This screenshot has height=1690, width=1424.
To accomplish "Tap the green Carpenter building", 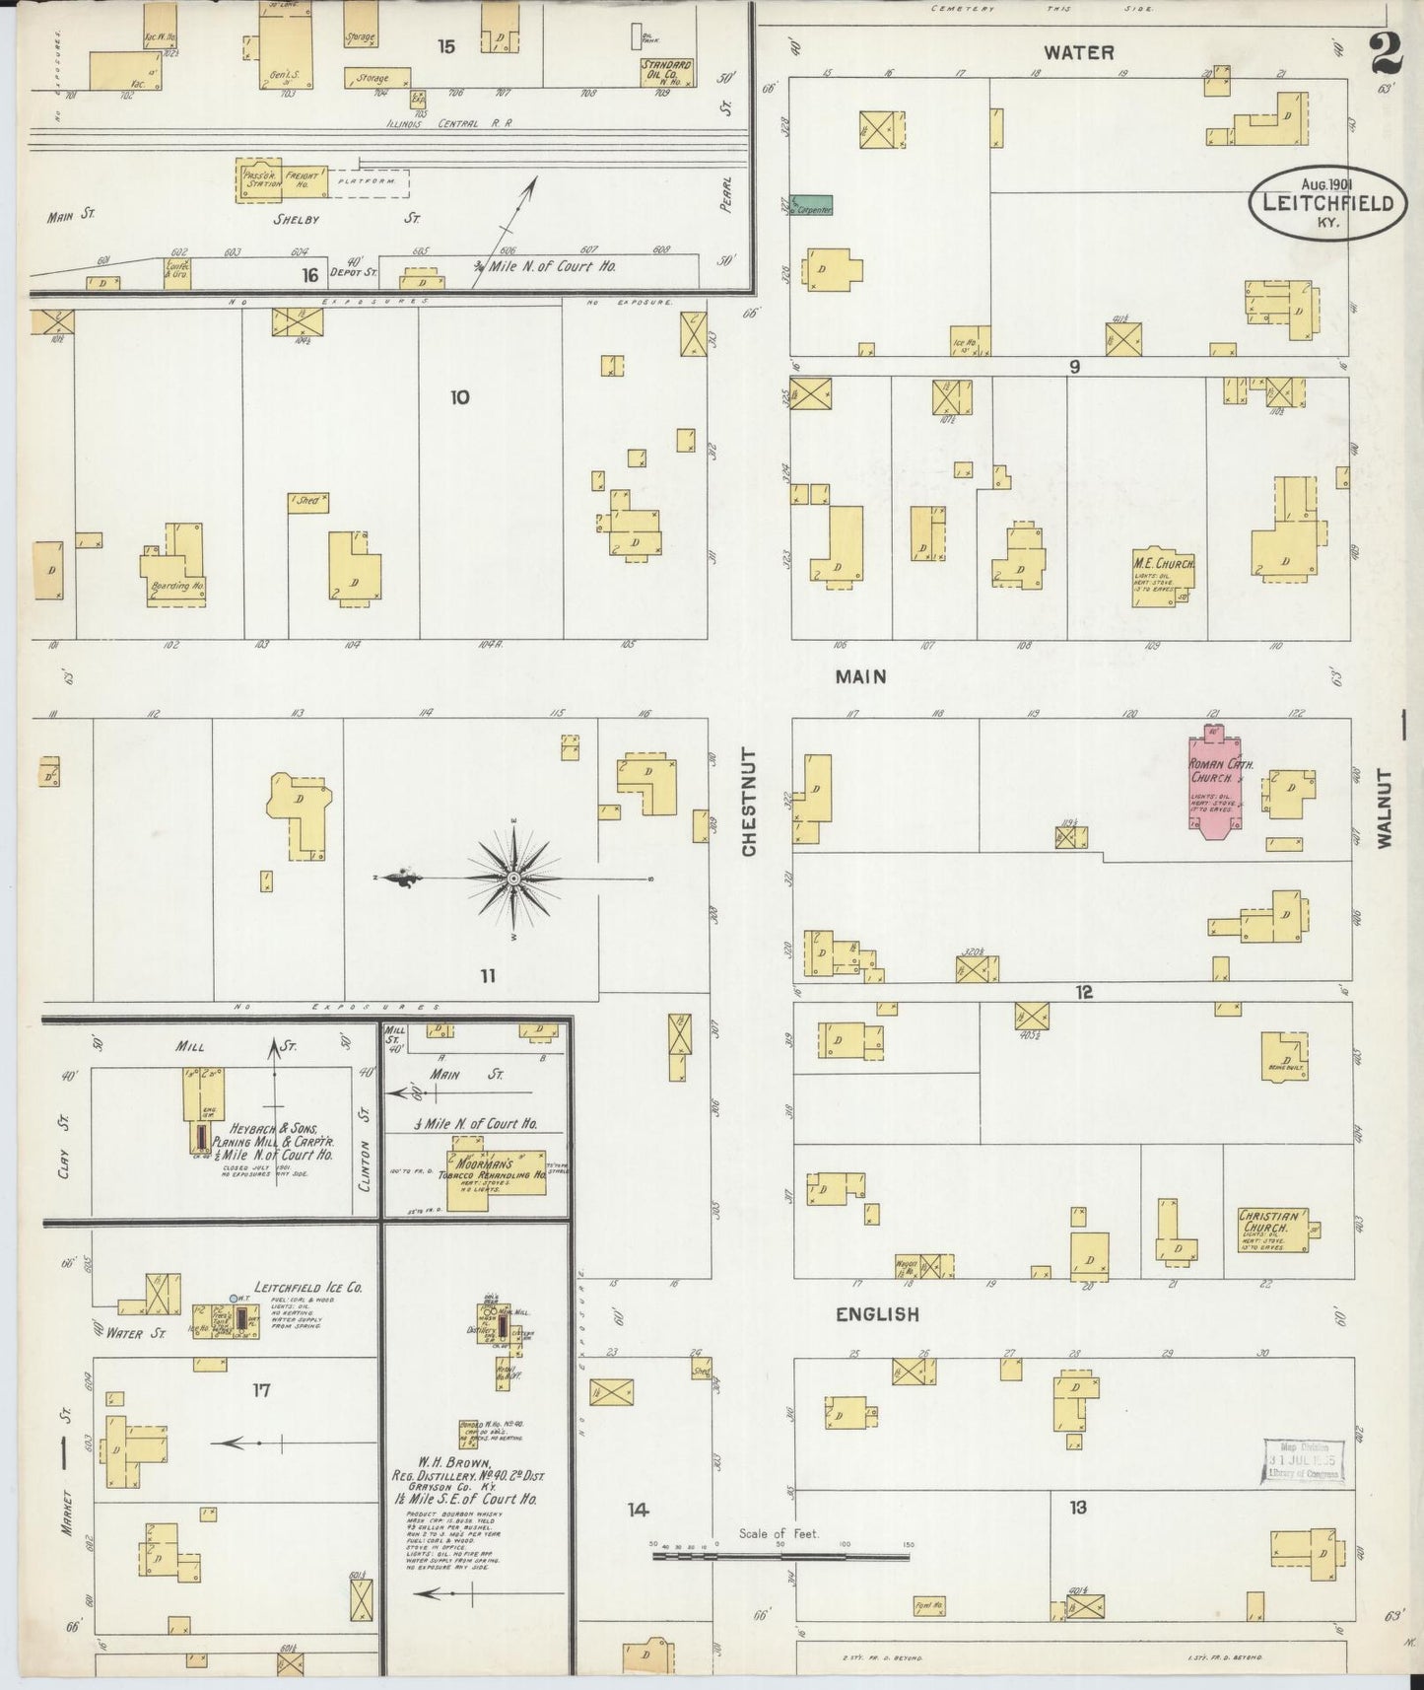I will pos(813,205).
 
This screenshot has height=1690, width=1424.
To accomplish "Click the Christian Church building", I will pos(1272,1230).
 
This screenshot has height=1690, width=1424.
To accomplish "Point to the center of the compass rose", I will pos(513,878).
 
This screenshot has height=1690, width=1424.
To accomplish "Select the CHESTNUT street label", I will pos(749,802).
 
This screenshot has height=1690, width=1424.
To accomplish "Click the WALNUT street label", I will pos(1386,809).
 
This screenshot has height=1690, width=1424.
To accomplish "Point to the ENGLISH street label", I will pos(876,1313).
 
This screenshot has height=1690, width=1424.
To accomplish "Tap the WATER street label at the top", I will pos(1078,52).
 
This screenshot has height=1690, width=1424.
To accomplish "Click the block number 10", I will pos(459,397).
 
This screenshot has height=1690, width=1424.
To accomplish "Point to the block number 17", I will pos(260,1390).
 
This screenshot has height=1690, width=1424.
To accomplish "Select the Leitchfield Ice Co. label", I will pos(307,1287).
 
